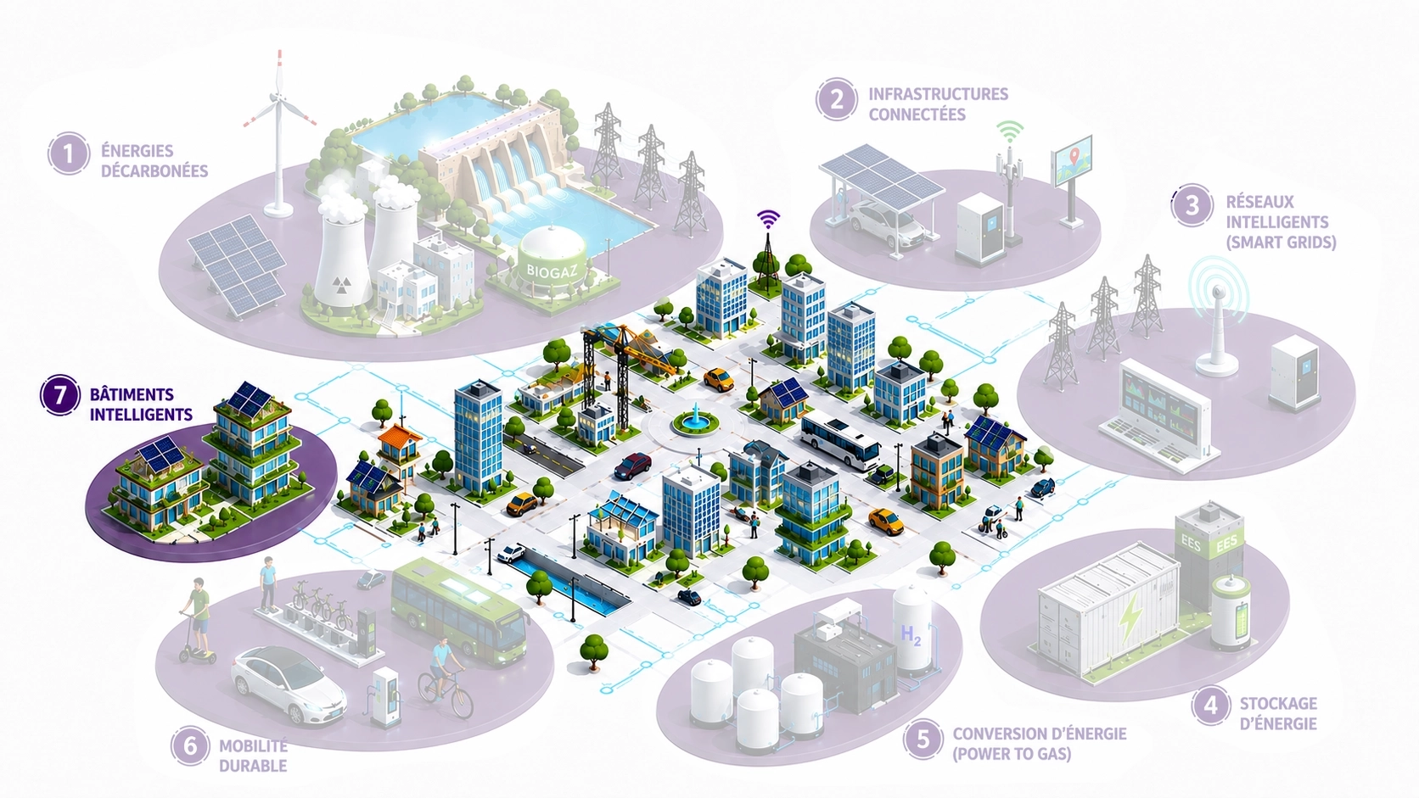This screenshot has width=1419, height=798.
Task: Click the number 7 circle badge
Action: click(60, 395)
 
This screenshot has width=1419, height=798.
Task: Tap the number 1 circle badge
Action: click(69, 153)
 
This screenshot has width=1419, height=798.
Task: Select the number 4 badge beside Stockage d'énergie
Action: click(1211, 706)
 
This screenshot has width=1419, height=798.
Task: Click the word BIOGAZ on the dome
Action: click(552, 271)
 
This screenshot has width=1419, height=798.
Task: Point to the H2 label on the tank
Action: click(911, 634)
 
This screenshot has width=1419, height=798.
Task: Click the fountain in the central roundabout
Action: click(690, 420)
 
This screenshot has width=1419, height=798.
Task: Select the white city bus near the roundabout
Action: click(840, 440)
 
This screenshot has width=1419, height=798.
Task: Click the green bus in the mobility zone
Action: click(459, 612)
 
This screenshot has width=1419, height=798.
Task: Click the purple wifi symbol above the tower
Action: click(768, 219)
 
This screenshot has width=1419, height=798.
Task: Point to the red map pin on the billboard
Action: click(1073, 156)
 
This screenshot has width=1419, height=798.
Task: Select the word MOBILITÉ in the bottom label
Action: click(254, 746)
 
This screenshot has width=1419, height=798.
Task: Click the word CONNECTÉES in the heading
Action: click(917, 114)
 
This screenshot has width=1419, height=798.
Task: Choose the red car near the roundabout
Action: click(632, 466)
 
